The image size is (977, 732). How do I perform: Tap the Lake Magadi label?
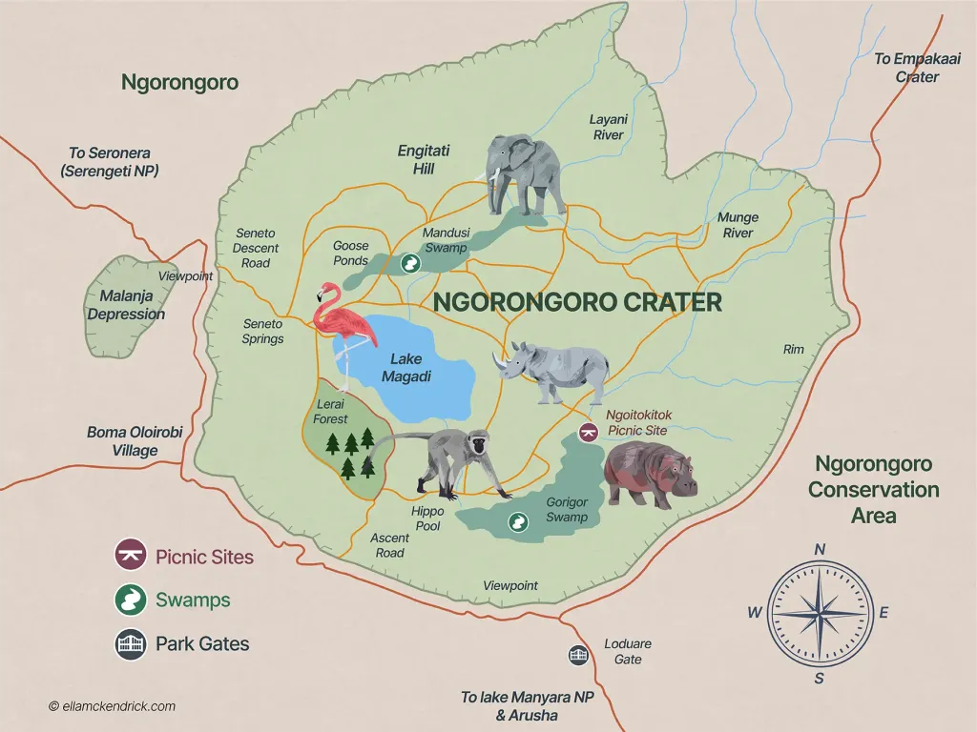pyautogui.click(x=405, y=368)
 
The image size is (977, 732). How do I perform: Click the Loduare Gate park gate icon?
pyautogui.click(x=578, y=654)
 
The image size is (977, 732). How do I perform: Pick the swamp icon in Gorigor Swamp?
pyautogui.click(x=518, y=522)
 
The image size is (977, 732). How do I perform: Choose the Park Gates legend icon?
pyautogui.click(x=129, y=644)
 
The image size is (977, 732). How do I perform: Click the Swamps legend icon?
pyautogui.click(x=129, y=600)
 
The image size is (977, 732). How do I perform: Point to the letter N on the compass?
pyautogui.click(x=819, y=549)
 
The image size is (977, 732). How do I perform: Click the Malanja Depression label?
pyautogui.click(x=126, y=305)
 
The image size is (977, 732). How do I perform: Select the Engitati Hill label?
pyautogui.click(x=424, y=159)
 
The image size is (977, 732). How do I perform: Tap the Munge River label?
pyautogui.click(x=737, y=225)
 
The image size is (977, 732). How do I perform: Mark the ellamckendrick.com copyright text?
pyautogui.click(x=112, y=706)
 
